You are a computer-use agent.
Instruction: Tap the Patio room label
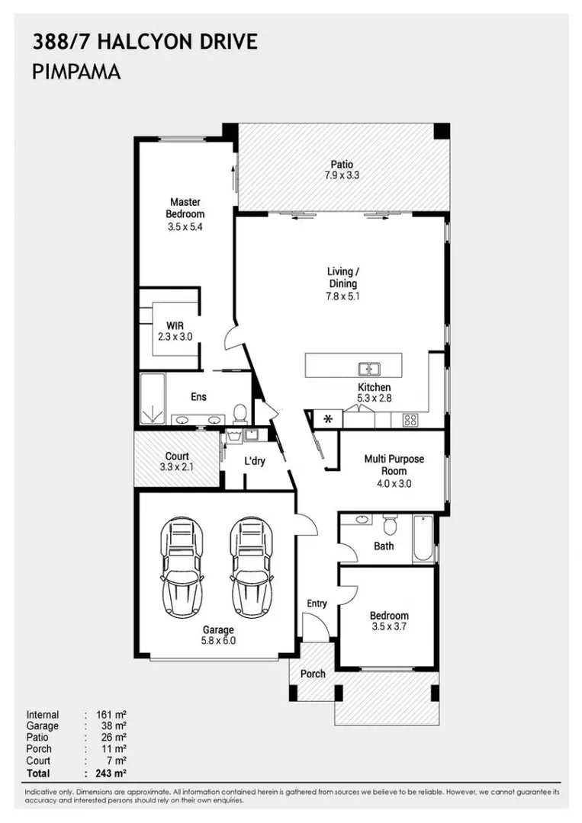(x=341, y=164)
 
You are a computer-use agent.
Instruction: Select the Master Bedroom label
(x=185, y=208)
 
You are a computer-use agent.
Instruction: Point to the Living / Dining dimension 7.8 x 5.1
(x=342, y=296)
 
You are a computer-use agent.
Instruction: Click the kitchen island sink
(x=370, y=370)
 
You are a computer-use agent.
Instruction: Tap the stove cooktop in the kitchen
(x=410, y=418)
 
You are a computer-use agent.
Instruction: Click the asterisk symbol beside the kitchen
(x=328, y=419)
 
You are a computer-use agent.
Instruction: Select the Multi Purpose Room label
(x=394, y=465)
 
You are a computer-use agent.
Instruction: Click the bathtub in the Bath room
(x=422, y=539)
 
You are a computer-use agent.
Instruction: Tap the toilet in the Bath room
(x=390, y=525)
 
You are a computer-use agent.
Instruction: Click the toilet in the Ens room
(x=240, y=413)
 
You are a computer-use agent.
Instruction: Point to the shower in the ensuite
(x=153, y=399)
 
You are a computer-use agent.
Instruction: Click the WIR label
(x=175, y=325)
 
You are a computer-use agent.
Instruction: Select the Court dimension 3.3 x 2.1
(x=177, y=467)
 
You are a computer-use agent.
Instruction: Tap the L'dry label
(x=255, y=461)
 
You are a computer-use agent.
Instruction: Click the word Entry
(x=317, y=604)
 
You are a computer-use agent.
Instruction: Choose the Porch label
(x=313, y=674)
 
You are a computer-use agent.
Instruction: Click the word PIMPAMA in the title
(x=77, y=72)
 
